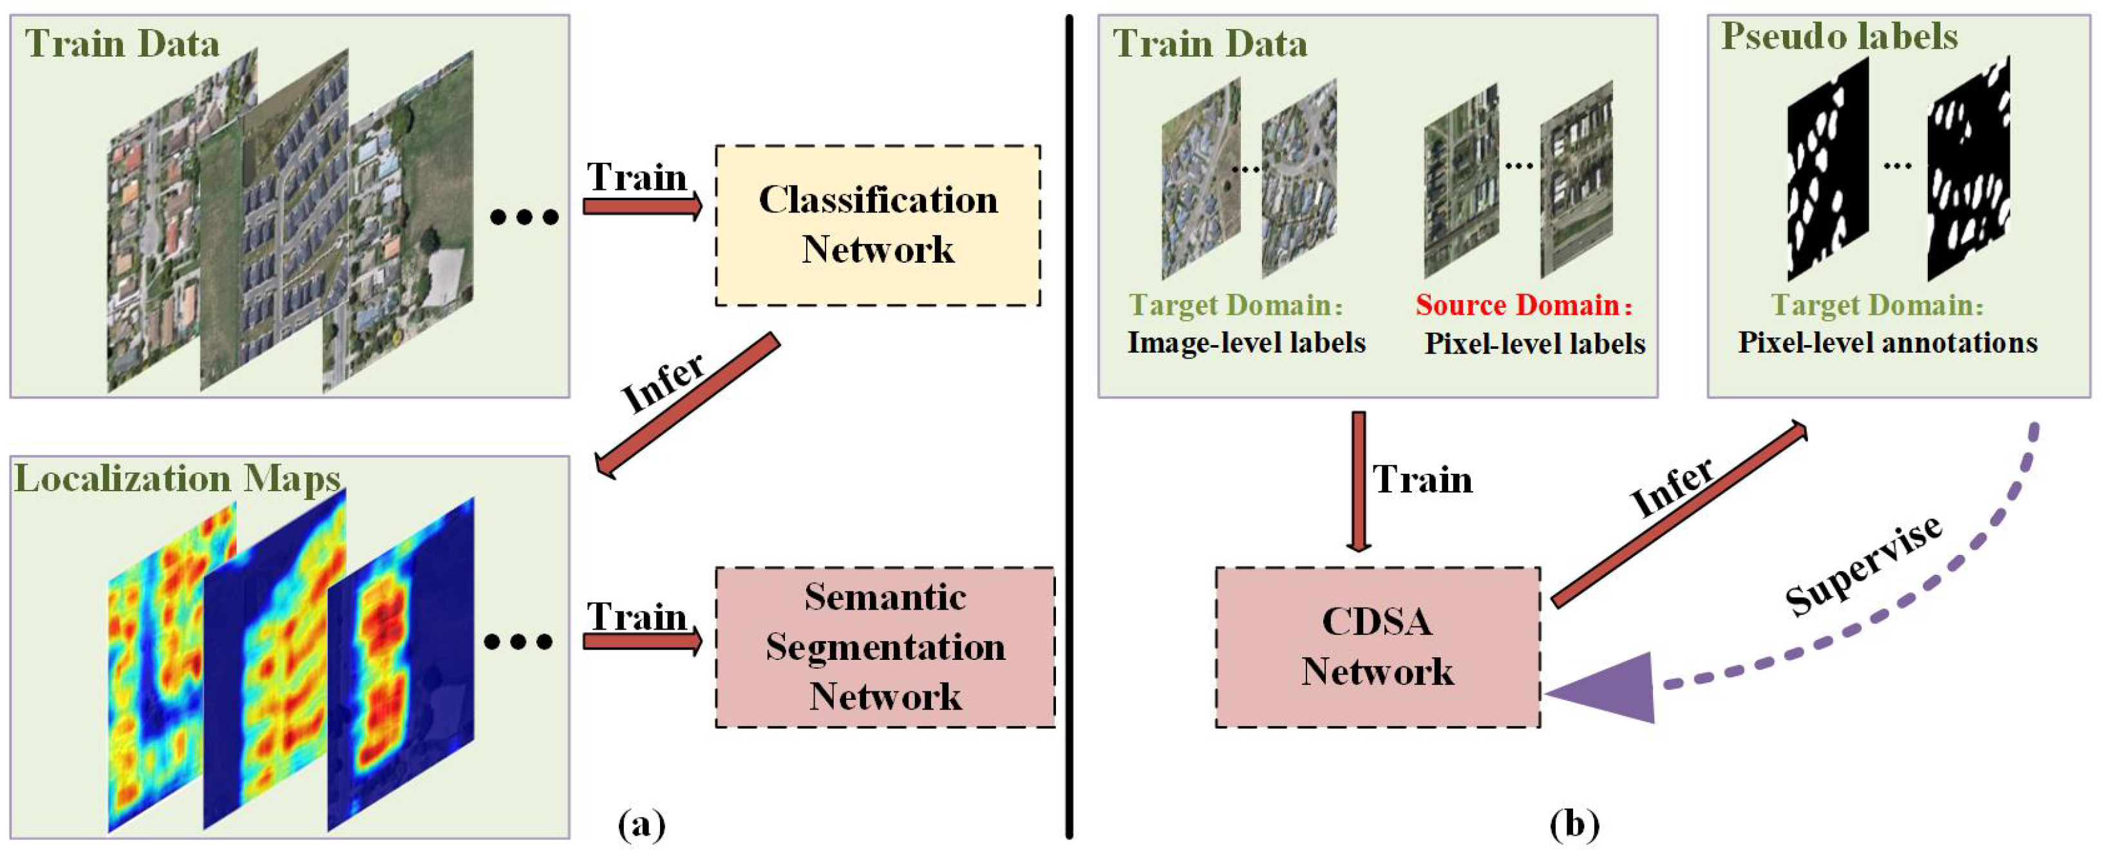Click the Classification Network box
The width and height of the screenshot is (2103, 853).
point(878,225)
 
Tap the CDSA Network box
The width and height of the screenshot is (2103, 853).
point(1377,647)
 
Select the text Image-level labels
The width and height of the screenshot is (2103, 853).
point(1246,343)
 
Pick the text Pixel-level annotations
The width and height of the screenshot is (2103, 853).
point(1887,343)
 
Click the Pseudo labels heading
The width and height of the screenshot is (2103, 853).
point(1838,37)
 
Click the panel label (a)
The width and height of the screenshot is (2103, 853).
point(642,825)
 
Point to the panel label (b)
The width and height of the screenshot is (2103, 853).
point(1574,825)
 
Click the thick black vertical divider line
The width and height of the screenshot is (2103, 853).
point(1069,424)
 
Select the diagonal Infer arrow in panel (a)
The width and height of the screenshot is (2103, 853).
point(688,405)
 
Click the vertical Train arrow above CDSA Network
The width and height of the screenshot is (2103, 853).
point(1359,482)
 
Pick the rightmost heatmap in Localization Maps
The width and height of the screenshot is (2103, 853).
point(400,665)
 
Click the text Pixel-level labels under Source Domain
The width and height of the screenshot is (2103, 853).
point(1535,344)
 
